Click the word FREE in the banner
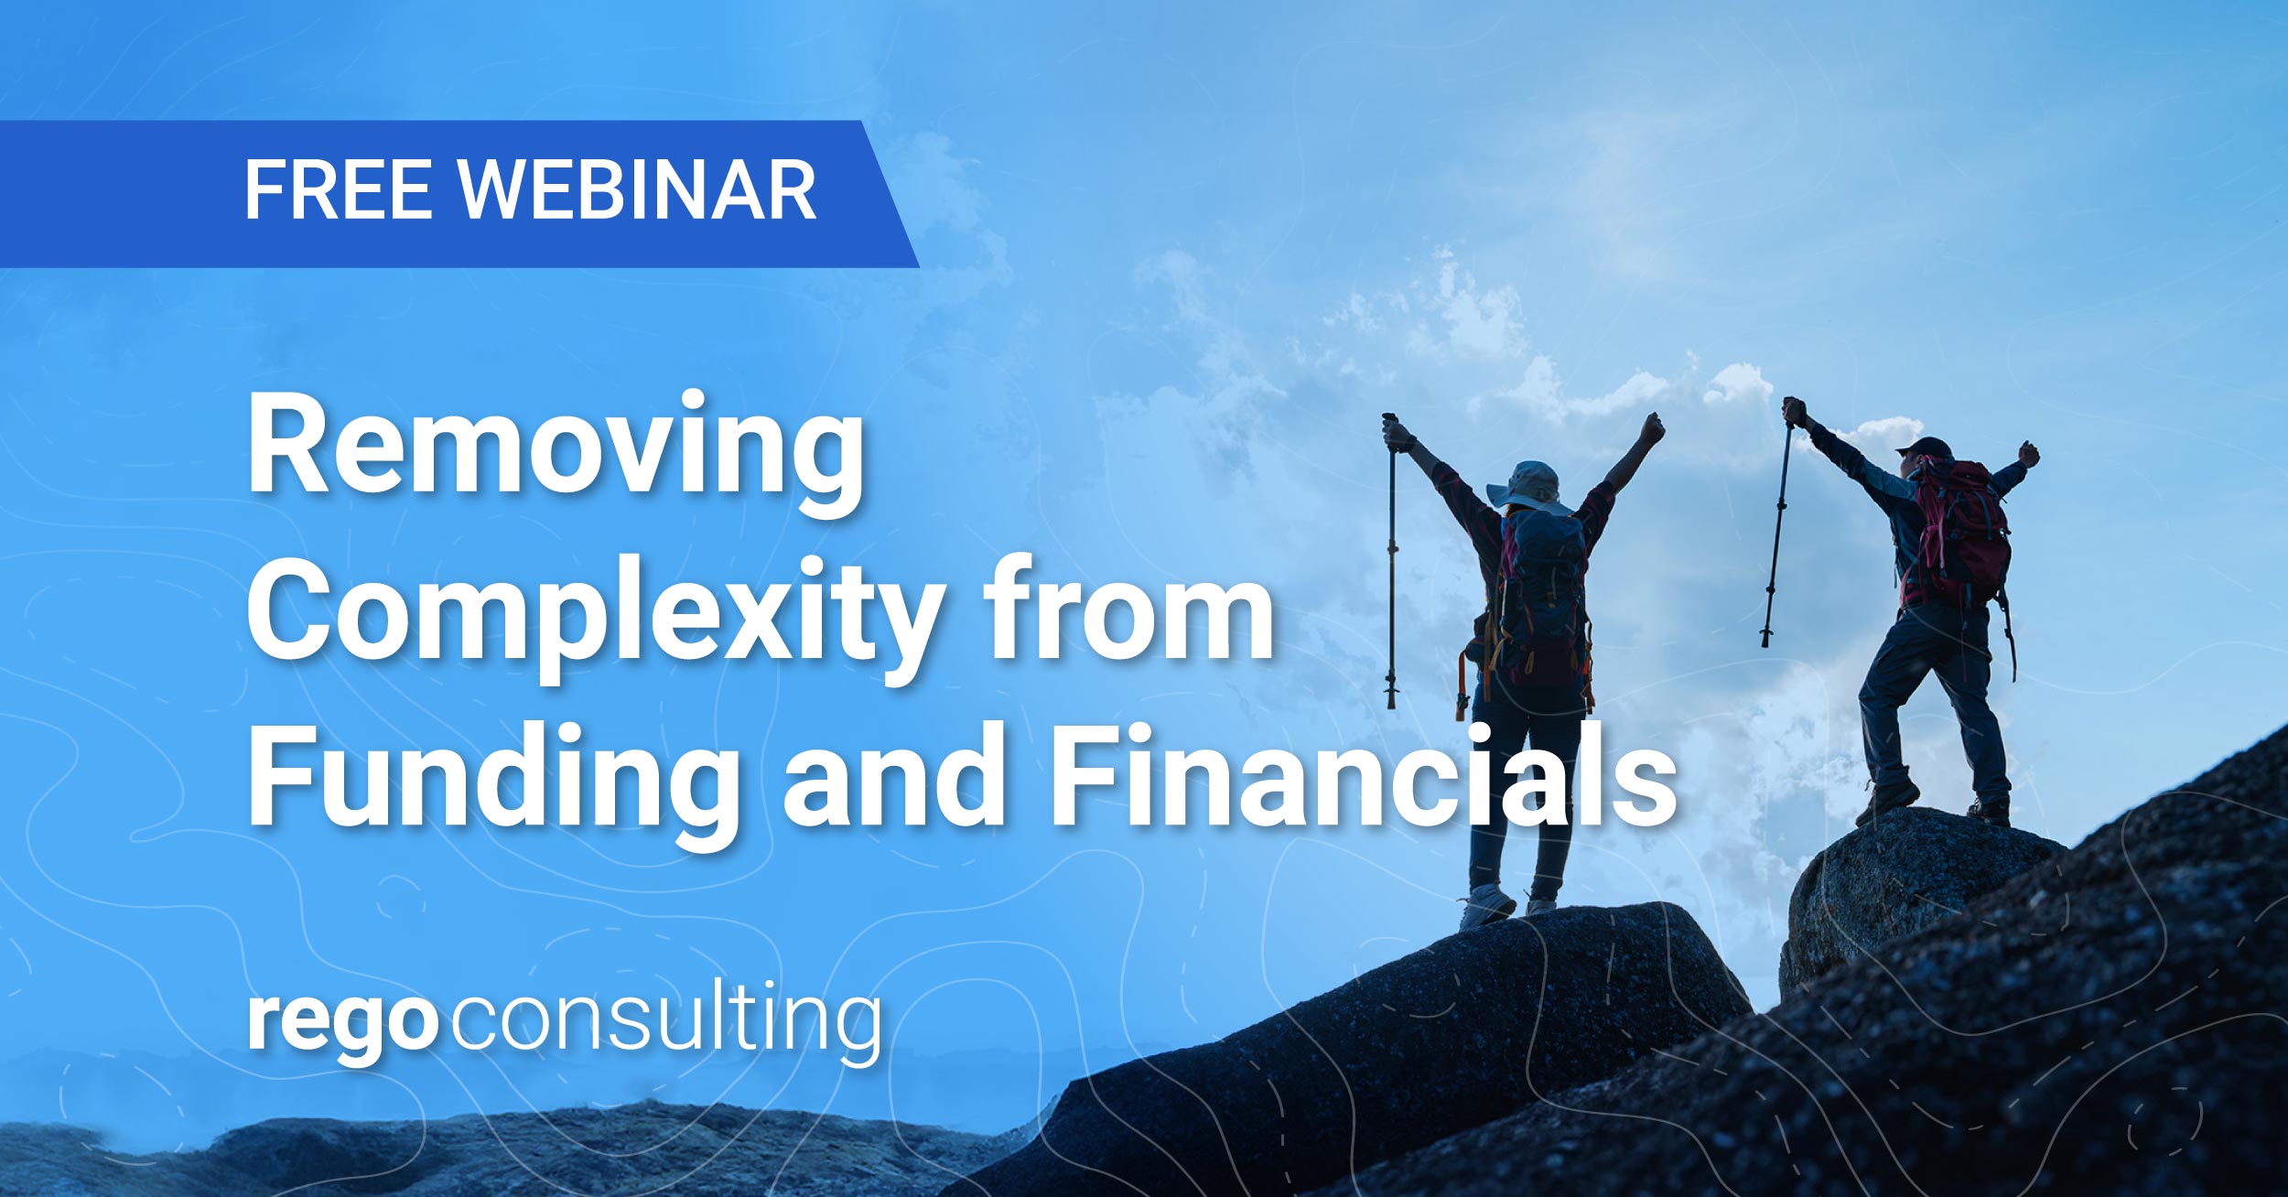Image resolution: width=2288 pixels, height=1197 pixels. click(x=337, y=190)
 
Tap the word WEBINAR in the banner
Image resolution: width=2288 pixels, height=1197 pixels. click(x=637, y=190)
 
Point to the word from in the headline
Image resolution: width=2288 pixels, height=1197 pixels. click(x=1128, y=609)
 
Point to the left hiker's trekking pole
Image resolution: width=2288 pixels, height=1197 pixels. click(x=1392, y=567)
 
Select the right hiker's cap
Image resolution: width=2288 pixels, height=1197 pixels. click(x=1923, y=448)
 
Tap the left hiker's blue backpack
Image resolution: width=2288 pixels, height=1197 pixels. click(x=1543, y=586)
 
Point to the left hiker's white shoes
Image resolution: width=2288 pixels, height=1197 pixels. click(x=1487, y=904)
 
